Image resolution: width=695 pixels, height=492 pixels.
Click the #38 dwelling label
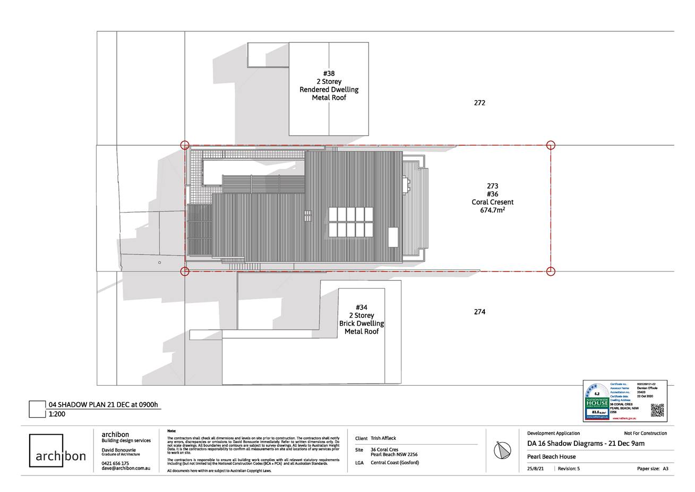(x=329, y=86)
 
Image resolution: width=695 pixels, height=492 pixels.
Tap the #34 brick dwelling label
(x=362, y=319)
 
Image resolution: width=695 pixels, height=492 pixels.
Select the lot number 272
(x=479, y=103)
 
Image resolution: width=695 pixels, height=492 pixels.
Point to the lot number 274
(x=479, y=312)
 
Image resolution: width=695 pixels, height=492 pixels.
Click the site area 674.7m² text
(x=492, y=210)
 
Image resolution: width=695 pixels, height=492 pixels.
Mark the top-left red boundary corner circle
(x=185, y=145)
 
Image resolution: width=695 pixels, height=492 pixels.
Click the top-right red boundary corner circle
(x=551, y=145)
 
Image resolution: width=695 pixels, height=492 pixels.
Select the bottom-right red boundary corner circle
(x=551, y=272)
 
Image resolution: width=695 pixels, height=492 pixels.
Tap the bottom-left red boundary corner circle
(x=185, y=272)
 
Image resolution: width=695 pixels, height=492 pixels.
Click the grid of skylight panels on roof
(x=350, y=222)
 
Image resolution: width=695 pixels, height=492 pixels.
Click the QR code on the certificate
(x=657, y=410)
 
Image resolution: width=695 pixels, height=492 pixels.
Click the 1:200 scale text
(x=57, y=414)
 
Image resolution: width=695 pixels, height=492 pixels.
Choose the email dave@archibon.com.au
(x=126, y=468)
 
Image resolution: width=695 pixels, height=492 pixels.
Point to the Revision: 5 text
(x=569, y=469)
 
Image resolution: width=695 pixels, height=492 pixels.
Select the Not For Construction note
(x=645, y=433)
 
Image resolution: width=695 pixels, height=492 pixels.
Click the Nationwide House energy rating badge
(x=596, y=402)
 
